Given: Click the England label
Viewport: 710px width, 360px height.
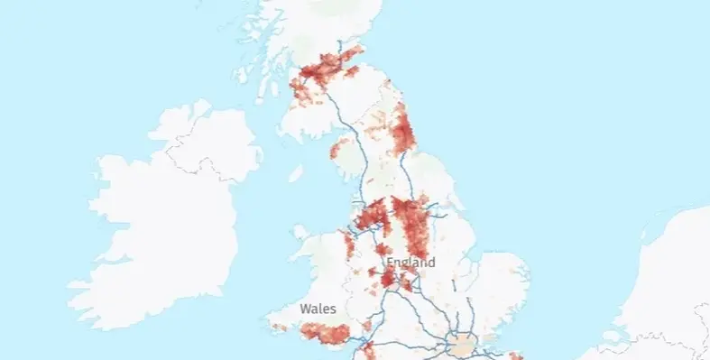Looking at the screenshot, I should [410, 263].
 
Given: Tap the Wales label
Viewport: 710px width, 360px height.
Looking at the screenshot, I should [318, 309].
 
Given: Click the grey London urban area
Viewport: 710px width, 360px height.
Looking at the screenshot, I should [463, 344].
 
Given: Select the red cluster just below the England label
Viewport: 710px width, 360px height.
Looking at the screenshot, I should [389, 279].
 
